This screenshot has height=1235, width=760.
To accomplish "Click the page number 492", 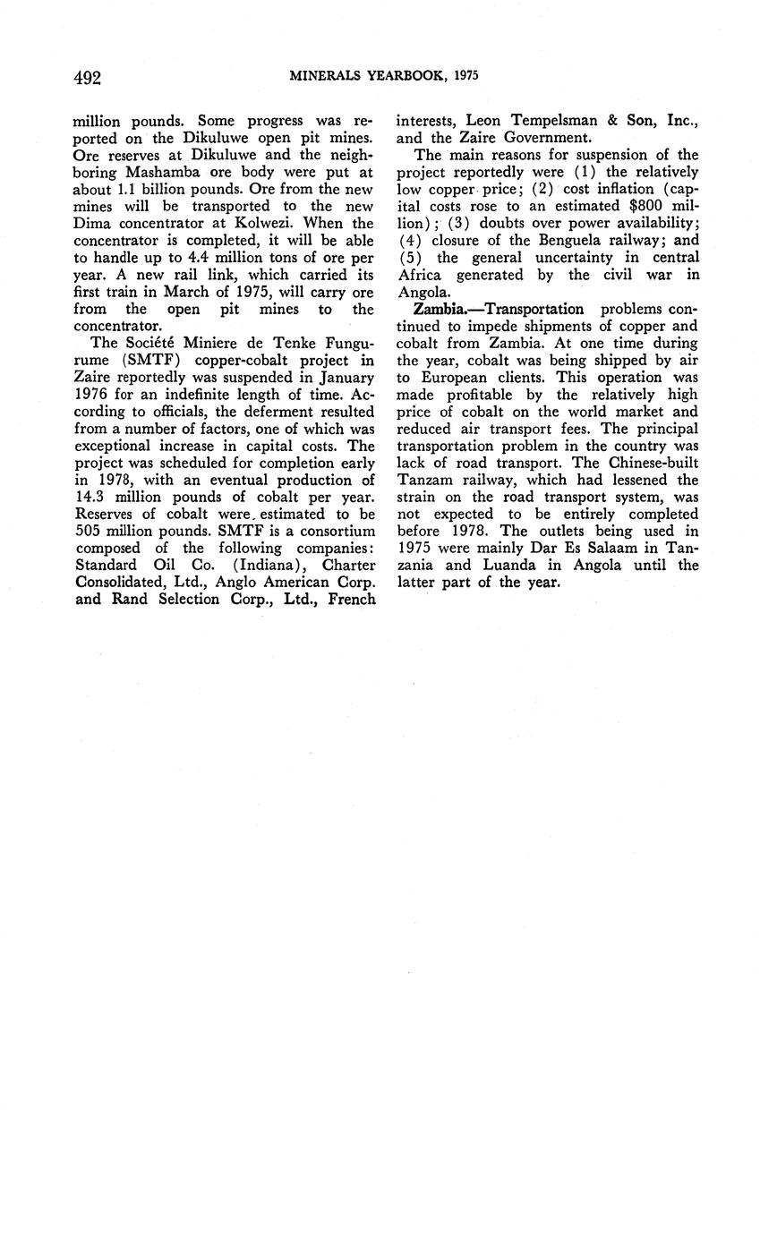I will coord(87,77).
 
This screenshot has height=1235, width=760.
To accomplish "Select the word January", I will coord(343,378).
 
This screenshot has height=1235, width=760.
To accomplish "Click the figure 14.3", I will coord(91,498).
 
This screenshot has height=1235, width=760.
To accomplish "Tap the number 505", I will coord(90,532).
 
